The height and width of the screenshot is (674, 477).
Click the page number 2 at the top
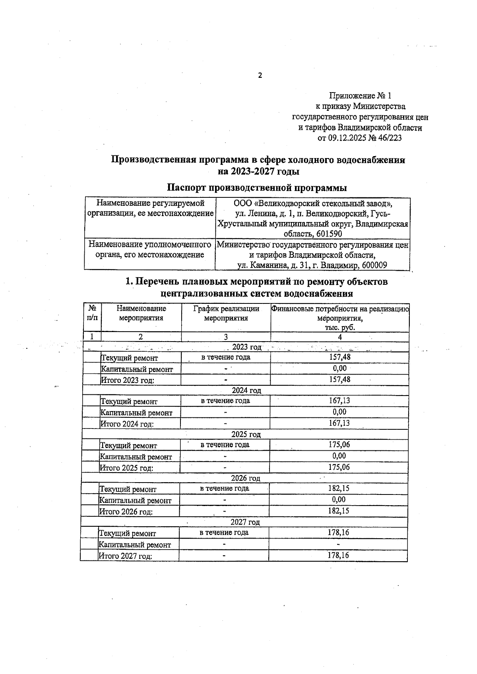[260, 75]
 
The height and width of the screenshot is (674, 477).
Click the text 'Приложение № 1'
[360, 96]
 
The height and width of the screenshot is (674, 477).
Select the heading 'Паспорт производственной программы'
[256, 187]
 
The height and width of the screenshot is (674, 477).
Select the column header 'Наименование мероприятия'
[141, 313]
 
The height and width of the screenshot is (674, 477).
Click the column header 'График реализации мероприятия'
[226, 313]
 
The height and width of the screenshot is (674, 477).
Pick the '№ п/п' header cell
[92, 313]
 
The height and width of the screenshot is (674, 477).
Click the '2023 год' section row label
[246, 347]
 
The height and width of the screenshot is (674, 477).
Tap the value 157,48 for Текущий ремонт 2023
[339, 357]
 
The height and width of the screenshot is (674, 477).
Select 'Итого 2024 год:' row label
[127, 424]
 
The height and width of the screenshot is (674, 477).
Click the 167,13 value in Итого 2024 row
[339, 423]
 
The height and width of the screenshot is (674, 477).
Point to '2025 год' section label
[246, 435]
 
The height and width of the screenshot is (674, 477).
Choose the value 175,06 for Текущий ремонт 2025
[339, 444]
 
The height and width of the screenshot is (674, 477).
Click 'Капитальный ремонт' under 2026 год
[135, 500]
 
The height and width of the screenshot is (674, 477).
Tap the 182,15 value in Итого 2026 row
[338, 511]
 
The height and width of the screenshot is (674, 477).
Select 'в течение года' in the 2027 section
[224, 532]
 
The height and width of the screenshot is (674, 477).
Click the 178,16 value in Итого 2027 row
[338, 555]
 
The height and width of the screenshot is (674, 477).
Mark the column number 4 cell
[340, 337]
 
